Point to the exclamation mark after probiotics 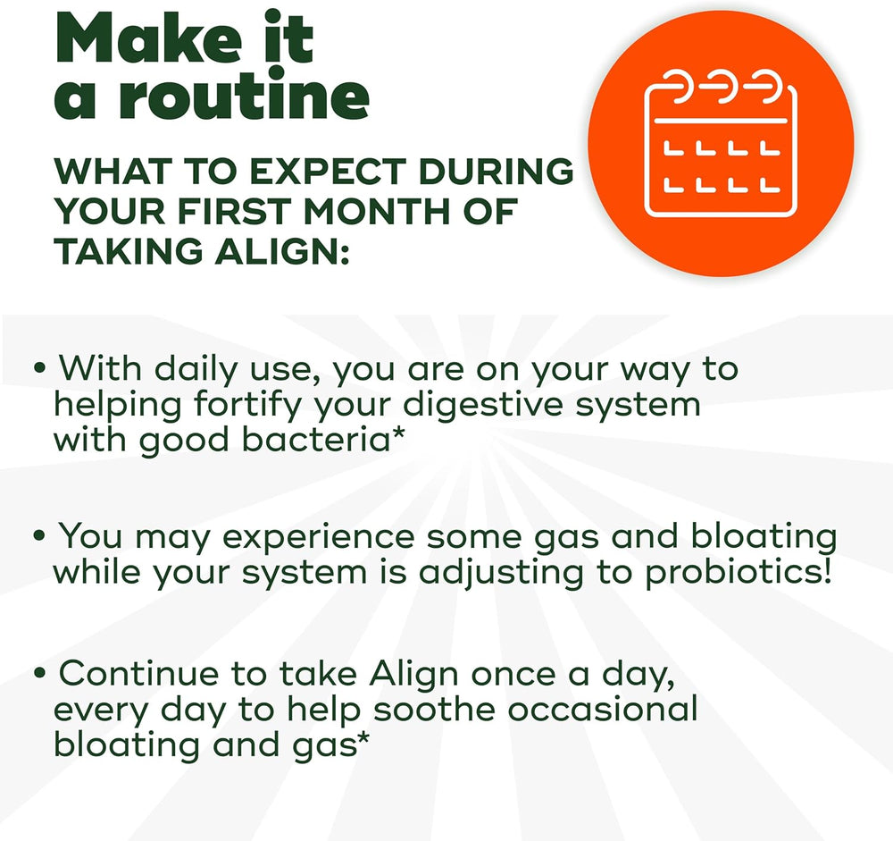[x=824, y=570]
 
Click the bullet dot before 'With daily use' [x=39, y=369]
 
